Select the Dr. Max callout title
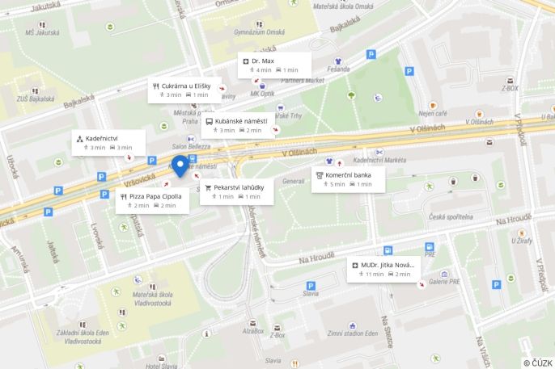pos(263,61)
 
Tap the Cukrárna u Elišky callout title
pos(185,86)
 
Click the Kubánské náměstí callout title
pos(240,121)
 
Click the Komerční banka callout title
pos(349,175)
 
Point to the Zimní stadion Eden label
pos(353,333)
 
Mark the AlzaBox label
pos(253,330)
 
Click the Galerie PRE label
pos(443,282)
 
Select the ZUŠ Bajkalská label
pos(29,100)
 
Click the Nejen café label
pos(432,114)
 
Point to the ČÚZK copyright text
pos(538,363)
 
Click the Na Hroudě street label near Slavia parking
pos(316,259)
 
